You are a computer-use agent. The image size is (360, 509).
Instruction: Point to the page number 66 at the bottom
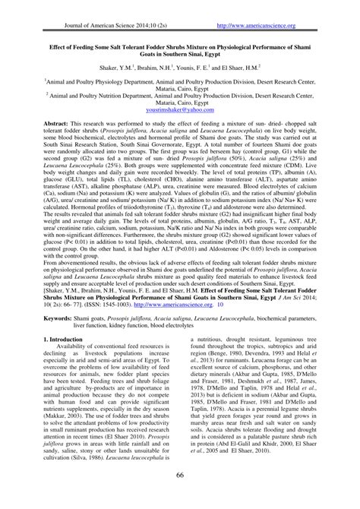point(179,496)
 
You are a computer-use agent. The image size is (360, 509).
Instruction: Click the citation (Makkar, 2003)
point(68,427)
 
